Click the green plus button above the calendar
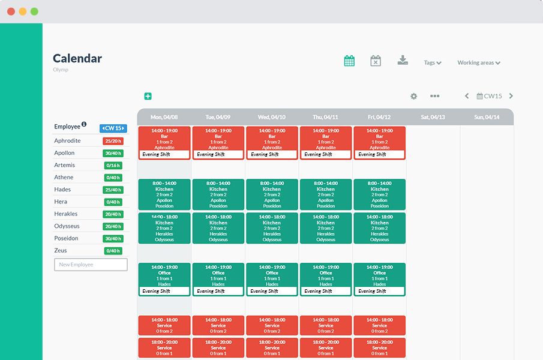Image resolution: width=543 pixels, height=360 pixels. [148, 96]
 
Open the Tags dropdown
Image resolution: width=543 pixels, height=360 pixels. [433, 62]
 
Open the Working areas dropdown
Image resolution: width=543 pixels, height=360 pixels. [479, 62]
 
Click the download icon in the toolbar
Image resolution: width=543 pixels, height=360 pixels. [403, 60]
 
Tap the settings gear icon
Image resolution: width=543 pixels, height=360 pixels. [413, 96]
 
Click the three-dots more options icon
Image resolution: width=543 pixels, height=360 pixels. [435, 96]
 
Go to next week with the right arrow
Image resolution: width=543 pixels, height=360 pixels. [511, 96]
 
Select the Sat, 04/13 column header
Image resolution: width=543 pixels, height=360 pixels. [433, 117]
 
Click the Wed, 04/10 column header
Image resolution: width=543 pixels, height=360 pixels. [272, 117]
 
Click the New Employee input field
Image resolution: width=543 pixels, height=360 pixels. [91, 265]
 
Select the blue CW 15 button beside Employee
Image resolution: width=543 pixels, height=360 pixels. [113, 128]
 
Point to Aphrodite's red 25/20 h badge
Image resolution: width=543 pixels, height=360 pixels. [112, 141]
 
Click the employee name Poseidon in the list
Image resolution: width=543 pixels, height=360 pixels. [66, 238]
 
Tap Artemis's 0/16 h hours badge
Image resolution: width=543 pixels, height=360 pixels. [112, 166]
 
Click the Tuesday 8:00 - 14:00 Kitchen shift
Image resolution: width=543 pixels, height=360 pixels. [218, 194]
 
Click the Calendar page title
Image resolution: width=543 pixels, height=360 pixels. [77, 58]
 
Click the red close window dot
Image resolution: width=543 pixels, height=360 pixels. [11, 11]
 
